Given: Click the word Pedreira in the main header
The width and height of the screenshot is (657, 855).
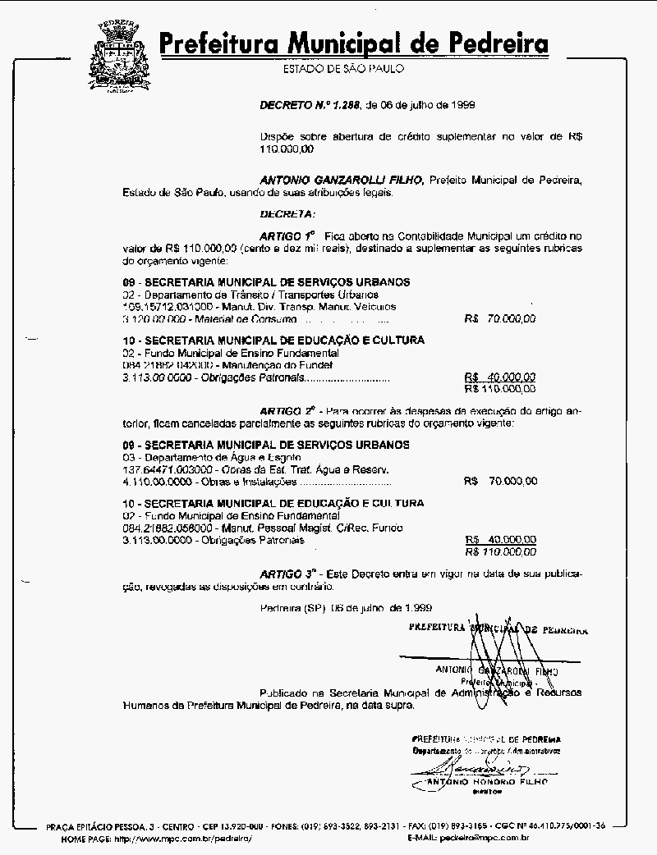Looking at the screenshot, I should (x=490, y=43).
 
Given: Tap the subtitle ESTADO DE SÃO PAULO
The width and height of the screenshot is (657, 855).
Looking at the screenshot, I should (x=343, y=69).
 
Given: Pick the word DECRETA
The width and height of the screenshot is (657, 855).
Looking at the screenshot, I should (x=287, y=214).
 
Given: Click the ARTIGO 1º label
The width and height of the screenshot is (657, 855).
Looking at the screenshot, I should (x=287, y=235).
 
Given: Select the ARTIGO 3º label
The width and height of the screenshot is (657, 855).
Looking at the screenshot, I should (x=288, y=574).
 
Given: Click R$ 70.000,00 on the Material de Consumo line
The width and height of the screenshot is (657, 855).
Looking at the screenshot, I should (x=500, y=318).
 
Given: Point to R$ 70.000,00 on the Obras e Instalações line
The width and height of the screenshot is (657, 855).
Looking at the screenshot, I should (x=501, y=481).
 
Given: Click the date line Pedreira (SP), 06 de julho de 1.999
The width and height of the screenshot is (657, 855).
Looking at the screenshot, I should (x=346, y=608).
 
